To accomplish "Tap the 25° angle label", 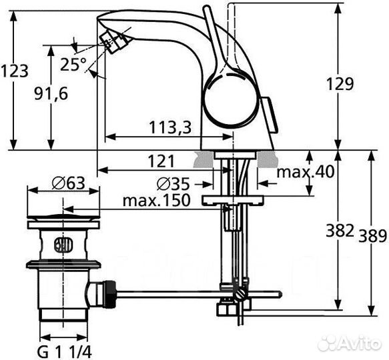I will pyautogui.click(x=73, y=65).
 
